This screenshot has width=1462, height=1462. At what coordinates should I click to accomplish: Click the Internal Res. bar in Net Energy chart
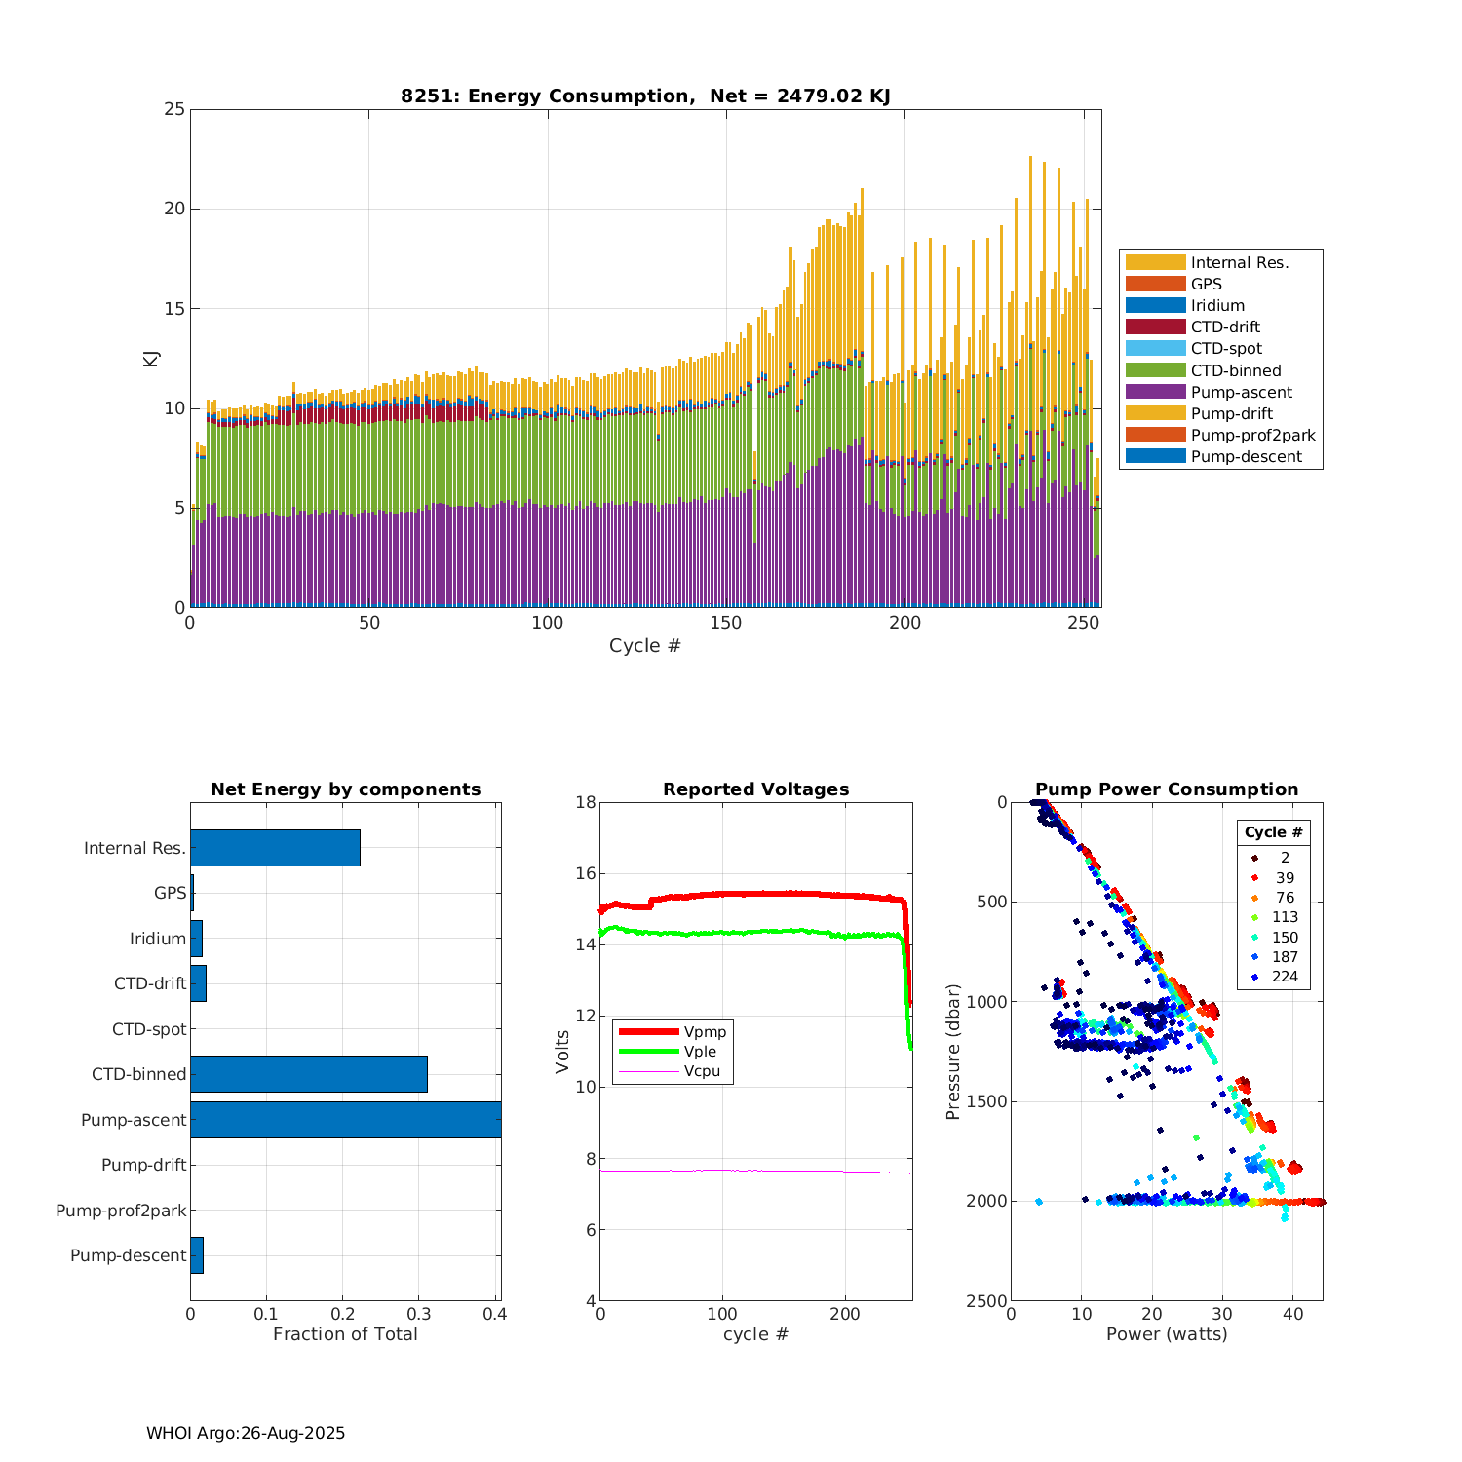coord(275,848)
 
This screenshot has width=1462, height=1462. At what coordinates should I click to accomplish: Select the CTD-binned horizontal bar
coord(308,1074)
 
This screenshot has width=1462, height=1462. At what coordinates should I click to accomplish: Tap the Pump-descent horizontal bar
coord(197,1255)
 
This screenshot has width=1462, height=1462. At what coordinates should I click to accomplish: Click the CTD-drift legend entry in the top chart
coord(1224,327)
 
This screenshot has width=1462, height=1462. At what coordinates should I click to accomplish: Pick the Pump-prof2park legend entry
coord(1252,436)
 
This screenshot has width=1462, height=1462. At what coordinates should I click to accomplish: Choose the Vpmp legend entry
coord(705,1032)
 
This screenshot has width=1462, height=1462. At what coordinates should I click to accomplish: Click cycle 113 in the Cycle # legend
coord(1285,917)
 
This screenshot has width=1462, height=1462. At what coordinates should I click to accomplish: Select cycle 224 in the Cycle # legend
coord(1285,977)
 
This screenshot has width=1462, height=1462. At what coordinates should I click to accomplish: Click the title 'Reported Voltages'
coord(755,789)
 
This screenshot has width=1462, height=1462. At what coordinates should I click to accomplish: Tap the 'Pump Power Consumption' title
coord(1167,789)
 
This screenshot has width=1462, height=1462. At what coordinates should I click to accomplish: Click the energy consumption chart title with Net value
coord(645,96)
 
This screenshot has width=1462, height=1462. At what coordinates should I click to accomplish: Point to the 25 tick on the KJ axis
coord(174,109)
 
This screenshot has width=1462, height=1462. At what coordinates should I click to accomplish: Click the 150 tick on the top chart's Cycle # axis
coord(726,623)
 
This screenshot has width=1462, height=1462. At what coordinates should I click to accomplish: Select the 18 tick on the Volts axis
coord(586,802)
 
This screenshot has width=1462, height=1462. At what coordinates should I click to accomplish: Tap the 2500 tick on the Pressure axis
coord(988,1301)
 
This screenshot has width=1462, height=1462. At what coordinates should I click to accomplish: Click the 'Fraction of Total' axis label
coord(345,1334)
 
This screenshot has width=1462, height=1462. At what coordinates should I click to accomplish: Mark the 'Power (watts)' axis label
coord(1167,1334)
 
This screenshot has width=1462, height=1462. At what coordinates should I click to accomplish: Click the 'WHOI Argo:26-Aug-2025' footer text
coord(246,1433)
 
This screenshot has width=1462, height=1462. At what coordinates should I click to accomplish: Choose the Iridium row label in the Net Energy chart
coord(158,939)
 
